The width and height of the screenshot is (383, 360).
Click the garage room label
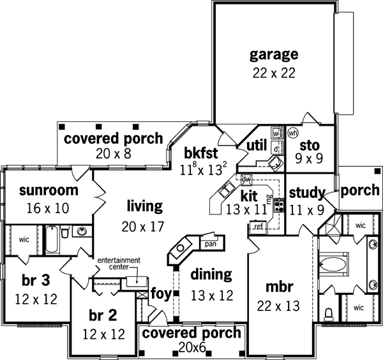(273, 54)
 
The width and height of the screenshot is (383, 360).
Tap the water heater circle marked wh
(293, 133)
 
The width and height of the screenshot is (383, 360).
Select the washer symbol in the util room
(276, 133)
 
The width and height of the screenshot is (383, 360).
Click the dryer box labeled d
(276, 148)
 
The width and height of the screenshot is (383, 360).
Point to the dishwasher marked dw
(246, 179)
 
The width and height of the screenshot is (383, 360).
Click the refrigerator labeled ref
(259, 227)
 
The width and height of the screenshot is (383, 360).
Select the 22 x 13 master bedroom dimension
(279, 306)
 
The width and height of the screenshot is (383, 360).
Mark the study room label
(308, 192)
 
